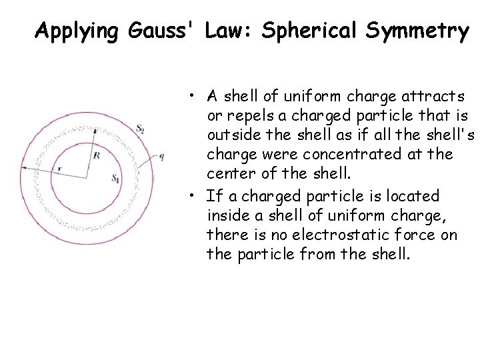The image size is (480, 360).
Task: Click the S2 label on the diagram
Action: click(x=140, y=129)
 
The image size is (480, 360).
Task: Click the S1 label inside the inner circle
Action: click(x=116, y=179)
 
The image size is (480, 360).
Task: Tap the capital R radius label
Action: click(x=97, y=155)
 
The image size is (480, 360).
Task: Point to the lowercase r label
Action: click(x=59, y=169)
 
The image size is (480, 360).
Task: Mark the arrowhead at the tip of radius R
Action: click(x=95, y=131)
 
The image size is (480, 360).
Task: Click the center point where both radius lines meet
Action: click(x=86, y=177)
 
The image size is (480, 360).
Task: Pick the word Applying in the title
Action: click(x=71, y=31)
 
